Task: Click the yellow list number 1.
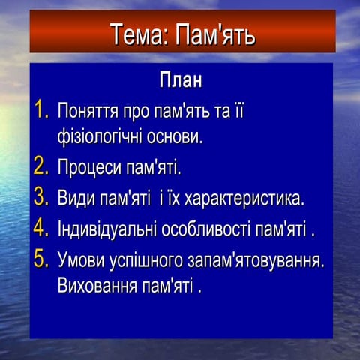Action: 40,110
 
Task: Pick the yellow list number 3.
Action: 40,198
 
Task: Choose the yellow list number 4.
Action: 40,228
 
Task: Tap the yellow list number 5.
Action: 40,259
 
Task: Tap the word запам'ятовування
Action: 256,261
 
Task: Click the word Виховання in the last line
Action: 94,286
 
